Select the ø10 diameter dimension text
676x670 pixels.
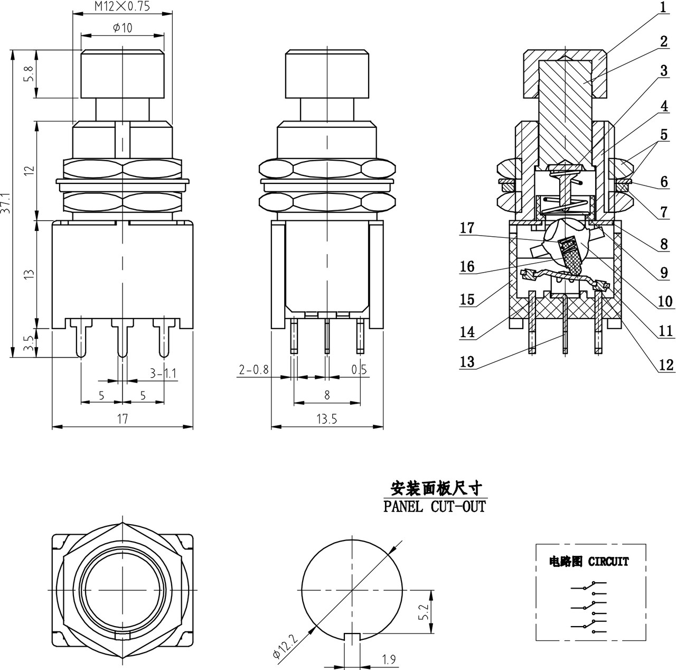123,28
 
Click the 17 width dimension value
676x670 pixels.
122,419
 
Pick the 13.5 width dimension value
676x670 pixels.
326,419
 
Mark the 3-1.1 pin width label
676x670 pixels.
163,374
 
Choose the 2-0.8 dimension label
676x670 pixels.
254,370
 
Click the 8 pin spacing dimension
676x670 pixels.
327,394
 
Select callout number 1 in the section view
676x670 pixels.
664,7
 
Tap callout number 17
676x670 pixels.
467,228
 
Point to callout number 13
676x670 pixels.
467,362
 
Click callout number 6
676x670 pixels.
664,182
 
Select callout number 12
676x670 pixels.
666,365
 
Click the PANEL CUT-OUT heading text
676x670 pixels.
434,507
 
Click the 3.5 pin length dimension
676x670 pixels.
29,343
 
